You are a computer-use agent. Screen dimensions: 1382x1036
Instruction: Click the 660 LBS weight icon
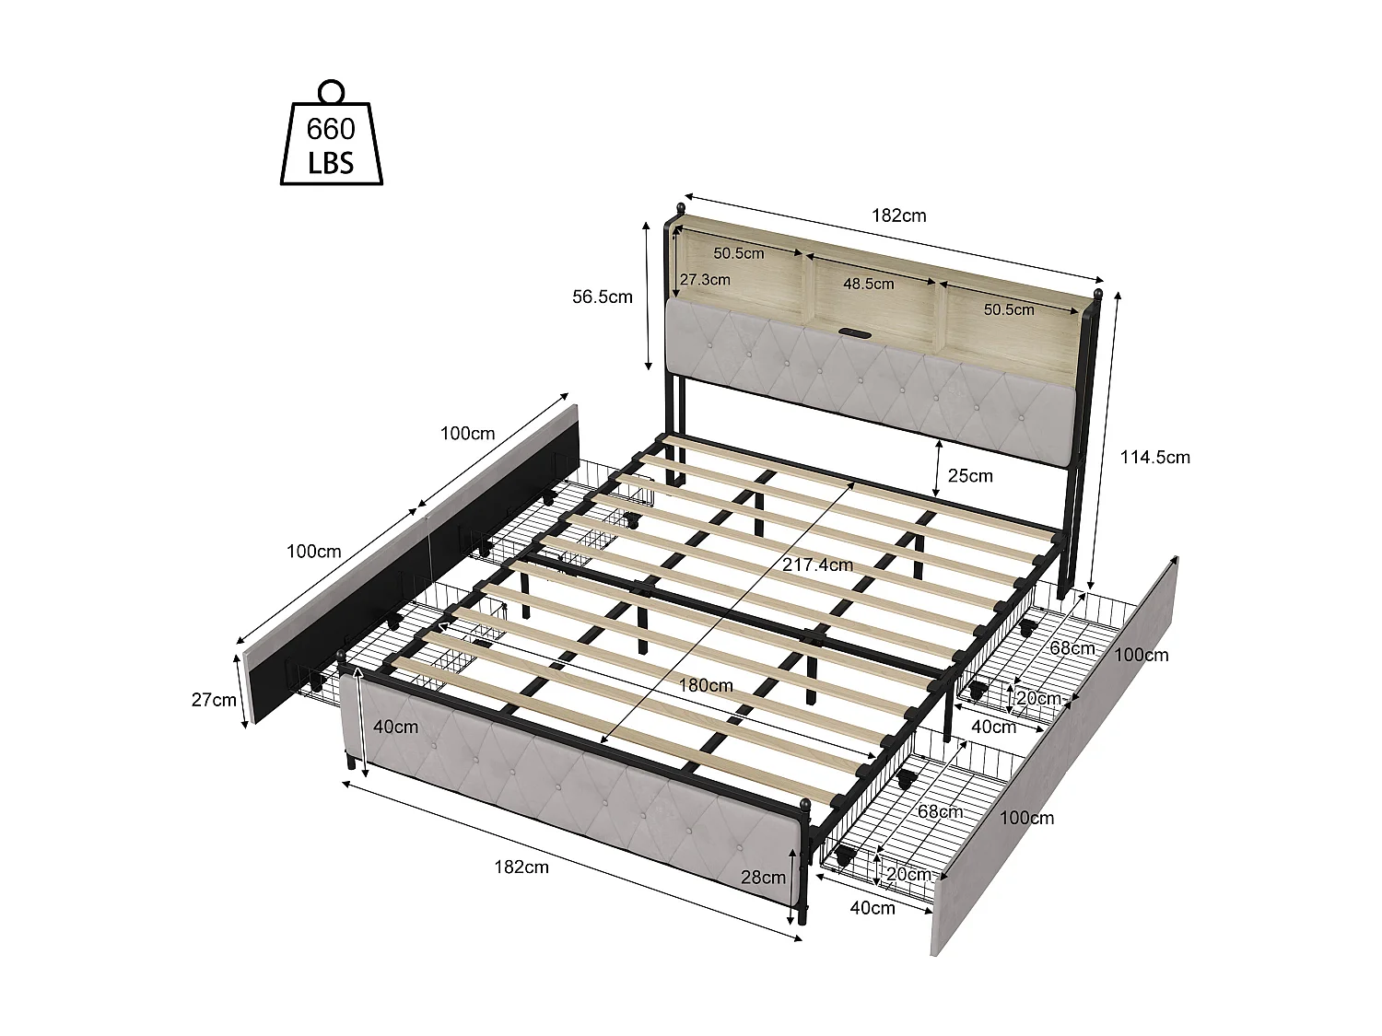331,133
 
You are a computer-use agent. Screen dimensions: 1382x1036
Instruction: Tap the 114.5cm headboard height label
1154,458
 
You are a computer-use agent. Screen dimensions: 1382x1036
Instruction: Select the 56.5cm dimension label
602,297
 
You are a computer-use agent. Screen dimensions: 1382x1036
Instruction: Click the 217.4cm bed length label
817,565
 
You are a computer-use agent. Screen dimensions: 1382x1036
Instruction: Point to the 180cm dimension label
705,686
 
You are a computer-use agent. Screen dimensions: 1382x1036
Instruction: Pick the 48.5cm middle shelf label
868,284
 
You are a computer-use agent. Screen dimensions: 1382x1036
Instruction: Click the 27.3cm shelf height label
705,279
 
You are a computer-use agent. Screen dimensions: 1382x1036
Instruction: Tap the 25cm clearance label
969,475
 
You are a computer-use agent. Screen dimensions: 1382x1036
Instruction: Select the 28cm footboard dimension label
763,877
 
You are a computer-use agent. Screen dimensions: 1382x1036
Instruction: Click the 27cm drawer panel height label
214,700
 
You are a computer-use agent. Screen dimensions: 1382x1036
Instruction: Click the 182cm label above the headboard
898,215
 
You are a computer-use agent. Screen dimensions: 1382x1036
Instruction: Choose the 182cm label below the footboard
521,867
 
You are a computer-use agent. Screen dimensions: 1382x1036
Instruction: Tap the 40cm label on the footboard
395,727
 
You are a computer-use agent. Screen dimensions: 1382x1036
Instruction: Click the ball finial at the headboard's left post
680,207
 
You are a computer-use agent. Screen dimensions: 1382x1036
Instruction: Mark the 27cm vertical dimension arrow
240,691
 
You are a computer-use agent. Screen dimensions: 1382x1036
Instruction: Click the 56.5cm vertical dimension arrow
647,296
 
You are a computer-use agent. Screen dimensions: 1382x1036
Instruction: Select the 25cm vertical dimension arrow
938,469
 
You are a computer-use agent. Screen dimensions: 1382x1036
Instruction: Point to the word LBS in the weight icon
331,163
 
